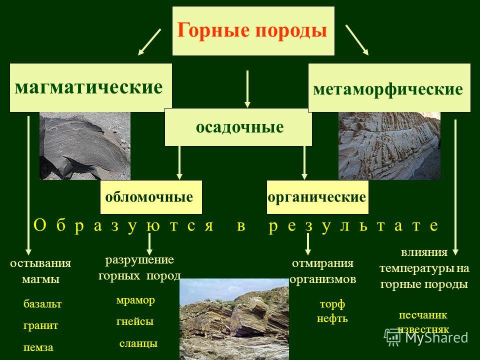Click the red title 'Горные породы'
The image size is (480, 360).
[252, 30]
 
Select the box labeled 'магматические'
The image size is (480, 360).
[90, 87]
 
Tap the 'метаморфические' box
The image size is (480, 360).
[389, 87]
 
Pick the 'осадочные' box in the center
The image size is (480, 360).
[238, 127]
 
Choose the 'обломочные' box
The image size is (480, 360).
[151, 197]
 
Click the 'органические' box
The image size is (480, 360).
[317, 197]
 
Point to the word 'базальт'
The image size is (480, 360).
[42, 303]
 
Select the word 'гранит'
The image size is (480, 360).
[40, 325]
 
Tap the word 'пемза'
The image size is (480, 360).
[38, 347]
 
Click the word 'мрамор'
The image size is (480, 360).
[135, 300]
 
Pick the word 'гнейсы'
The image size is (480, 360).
[135, 321]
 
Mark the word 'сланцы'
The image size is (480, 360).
[138, 343]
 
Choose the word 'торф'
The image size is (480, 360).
[332, 304]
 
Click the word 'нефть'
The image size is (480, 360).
[332, 318]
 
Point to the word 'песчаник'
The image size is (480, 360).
[423, 315]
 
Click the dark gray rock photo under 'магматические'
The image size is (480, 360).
[85, 145]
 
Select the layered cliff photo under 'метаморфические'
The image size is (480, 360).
[389, 145]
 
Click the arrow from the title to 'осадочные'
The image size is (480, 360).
[247, 89]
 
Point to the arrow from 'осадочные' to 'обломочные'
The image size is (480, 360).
[179, 162]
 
